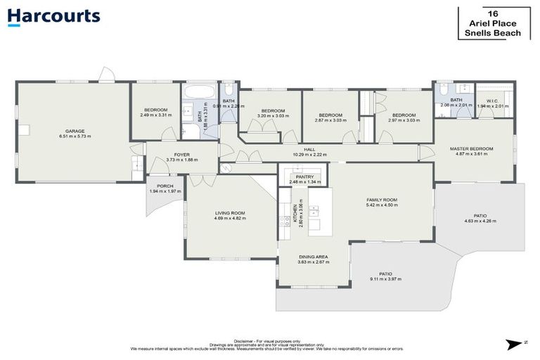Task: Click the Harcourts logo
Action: coord(54,16)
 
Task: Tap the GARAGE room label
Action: coord(75,131)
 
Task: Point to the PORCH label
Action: coord(165,186)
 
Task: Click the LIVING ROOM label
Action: coord(229,212)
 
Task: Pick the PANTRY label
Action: coord(304,176)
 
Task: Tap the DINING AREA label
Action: coord(314,256)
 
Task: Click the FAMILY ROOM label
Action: coord(382,200)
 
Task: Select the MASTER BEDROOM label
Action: coord(472,148)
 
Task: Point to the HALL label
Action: coord(309,149)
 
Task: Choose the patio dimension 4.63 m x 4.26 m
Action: coord(480,221)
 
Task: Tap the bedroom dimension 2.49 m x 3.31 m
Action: coord(155,115)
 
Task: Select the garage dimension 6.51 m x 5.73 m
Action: coord(75,136)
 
